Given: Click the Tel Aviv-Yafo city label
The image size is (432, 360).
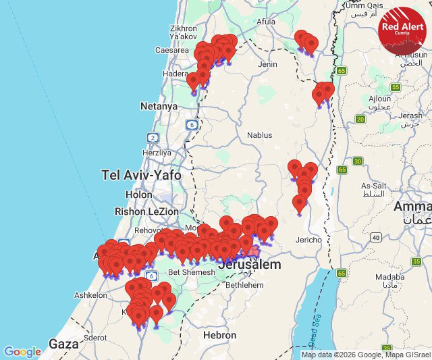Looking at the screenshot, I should click(x=141, y=175).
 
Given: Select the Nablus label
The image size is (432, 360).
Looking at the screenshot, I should click(x=259, y=135).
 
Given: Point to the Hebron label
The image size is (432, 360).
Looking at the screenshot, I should click(x=220, y=335).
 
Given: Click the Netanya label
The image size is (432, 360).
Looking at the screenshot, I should click(x=159, y=106).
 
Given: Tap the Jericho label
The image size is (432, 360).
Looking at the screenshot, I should click(x=308, y=240).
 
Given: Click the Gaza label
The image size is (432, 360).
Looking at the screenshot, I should click(x=64, y=344).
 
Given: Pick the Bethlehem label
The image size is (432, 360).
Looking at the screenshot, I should click(x=245, y=285).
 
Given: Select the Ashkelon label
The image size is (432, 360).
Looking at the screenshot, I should click(x=90, y=295).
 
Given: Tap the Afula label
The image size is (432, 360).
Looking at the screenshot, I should click(x=266, y=22).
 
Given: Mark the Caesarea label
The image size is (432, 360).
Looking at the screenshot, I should click(x=172, y=50).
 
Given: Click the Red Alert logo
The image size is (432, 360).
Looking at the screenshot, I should click(x=402, y=30).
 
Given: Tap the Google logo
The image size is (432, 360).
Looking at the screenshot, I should click(x=22, y=352).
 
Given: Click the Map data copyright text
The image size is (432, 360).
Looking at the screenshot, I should click(x=364, y=355).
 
